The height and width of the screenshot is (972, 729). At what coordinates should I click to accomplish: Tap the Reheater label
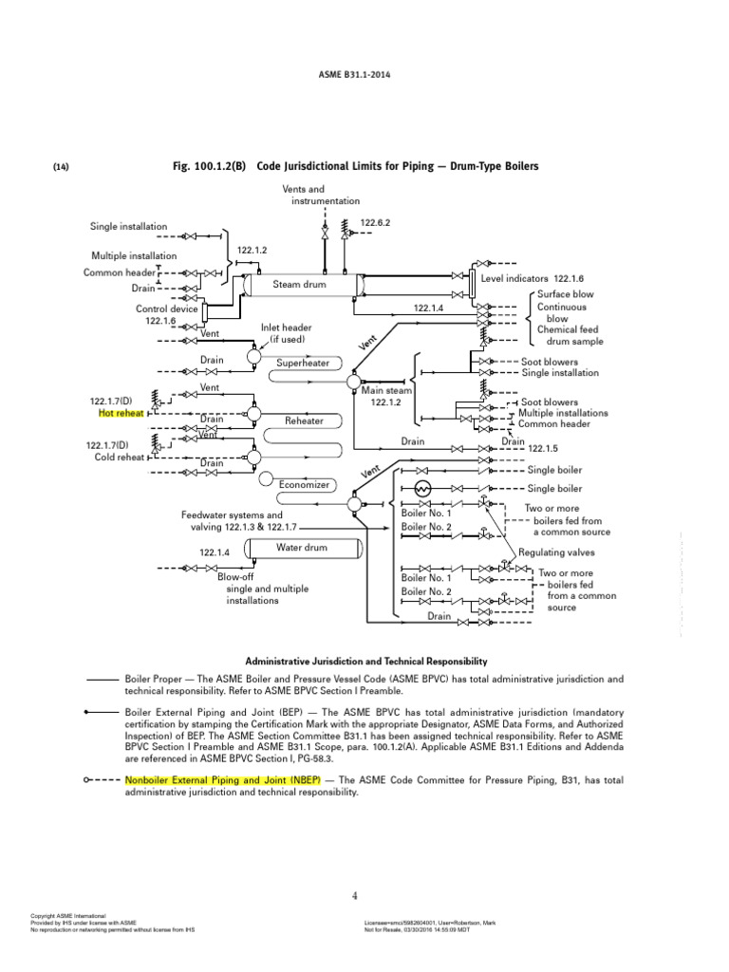305,421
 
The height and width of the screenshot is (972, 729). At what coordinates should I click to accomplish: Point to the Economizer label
304,484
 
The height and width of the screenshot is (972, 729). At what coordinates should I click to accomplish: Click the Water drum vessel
302,548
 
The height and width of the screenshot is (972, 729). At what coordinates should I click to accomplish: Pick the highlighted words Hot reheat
121,413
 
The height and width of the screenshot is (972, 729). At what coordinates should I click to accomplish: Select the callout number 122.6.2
375,222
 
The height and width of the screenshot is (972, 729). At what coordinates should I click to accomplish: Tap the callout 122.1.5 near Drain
544,448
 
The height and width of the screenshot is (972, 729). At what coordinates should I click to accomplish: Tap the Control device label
167,308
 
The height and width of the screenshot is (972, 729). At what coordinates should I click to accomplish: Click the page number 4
354,895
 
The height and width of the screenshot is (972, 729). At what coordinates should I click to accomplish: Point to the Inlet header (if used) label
286,333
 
